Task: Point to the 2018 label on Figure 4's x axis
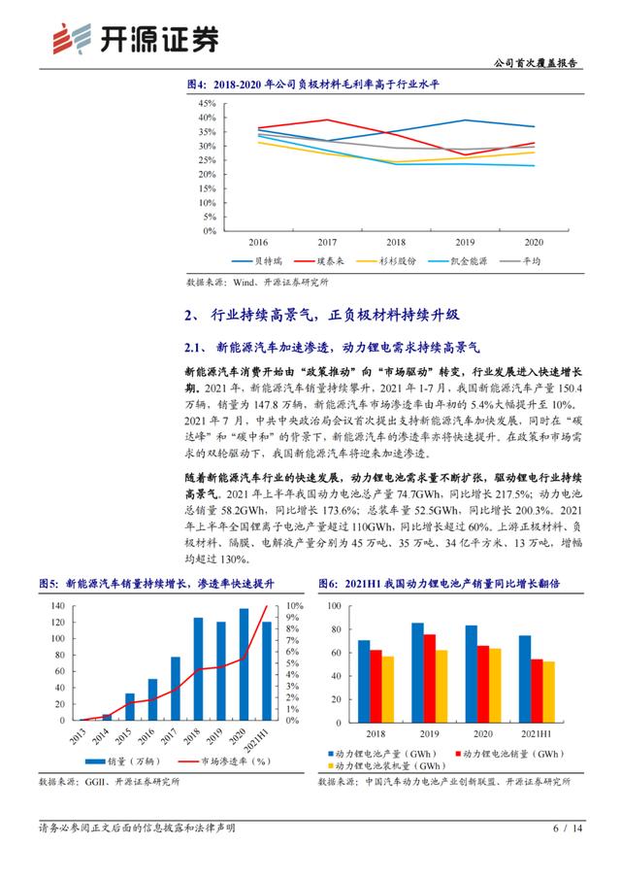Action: tap(395, 242)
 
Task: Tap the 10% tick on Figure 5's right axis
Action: tap(291, 605)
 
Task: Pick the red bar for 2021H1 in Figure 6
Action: tap(536, 690)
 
